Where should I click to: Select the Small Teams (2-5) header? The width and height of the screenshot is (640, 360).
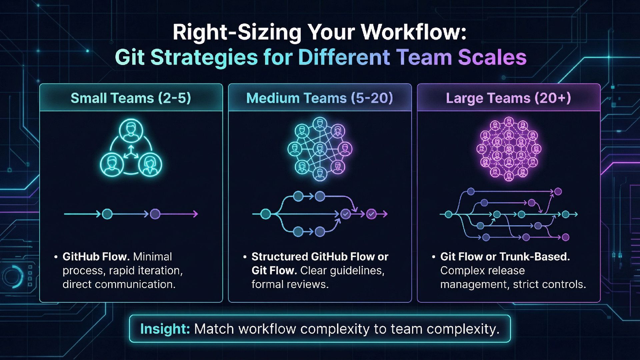click(131, 98)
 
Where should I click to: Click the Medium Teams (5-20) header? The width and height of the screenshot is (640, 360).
click(319, 98)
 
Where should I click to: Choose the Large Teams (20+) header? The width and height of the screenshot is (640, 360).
click(508, 98)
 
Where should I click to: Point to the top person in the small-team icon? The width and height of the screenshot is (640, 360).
click(131, 131)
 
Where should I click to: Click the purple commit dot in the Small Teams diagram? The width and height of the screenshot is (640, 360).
click(155, 214)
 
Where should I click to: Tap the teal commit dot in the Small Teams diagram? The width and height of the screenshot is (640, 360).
click(107, 214)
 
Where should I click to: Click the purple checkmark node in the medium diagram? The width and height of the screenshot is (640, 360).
click(371, 214)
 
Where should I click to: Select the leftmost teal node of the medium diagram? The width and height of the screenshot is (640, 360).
click(265, 214)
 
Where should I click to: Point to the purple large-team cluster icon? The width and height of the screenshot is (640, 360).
click(509, 149)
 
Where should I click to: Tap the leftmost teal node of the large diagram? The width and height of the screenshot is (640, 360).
click(449, 214)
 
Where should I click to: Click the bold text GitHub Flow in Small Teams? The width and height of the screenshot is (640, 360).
click(96, 257)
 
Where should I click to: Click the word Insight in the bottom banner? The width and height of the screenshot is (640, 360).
click(165, 329)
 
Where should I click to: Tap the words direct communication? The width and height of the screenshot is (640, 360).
click(119, 284)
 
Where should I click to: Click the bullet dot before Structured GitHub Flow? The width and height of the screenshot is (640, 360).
click(245, 257)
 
